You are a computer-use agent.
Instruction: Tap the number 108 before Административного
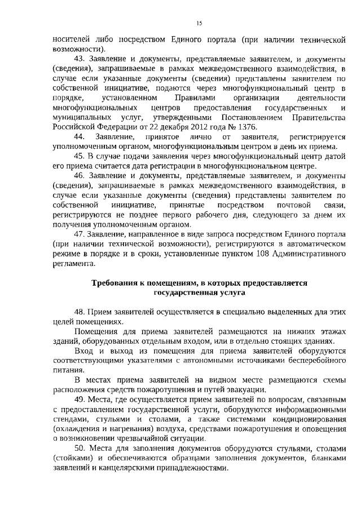point(258,253)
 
